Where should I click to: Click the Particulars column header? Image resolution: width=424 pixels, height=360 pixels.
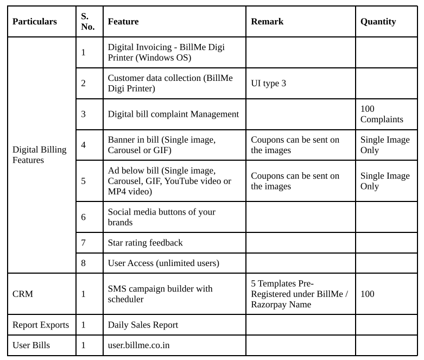coord(35,22)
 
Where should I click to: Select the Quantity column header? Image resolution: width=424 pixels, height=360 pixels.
coord(378,22)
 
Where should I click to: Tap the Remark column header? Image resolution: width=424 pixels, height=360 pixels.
coord(267,22)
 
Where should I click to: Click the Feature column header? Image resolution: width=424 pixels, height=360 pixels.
coord(123,22)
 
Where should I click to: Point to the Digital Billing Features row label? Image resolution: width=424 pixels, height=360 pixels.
coord(39,155)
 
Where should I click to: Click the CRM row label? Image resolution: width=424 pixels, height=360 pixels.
coord(23,294)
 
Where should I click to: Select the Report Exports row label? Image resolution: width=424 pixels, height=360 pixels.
coord(41,325)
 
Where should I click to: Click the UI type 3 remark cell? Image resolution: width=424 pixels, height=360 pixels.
coord(268,83)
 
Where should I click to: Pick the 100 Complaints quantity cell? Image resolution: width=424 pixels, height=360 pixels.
coord(382,114)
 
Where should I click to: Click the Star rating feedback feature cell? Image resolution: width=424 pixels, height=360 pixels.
coord(145,243)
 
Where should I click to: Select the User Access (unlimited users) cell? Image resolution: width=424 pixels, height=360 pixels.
coord(163,263)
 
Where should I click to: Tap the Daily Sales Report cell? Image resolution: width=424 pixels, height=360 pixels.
coord(143,325)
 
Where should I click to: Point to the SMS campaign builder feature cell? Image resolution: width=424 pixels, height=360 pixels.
coord(160,294)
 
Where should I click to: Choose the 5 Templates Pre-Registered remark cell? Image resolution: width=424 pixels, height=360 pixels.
coord(299,294)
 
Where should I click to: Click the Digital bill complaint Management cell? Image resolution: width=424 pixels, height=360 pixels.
coord(173,114)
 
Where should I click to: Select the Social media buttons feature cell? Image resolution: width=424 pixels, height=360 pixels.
coord(161,217)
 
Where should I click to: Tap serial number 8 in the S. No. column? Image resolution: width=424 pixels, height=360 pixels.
coord(84,263)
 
